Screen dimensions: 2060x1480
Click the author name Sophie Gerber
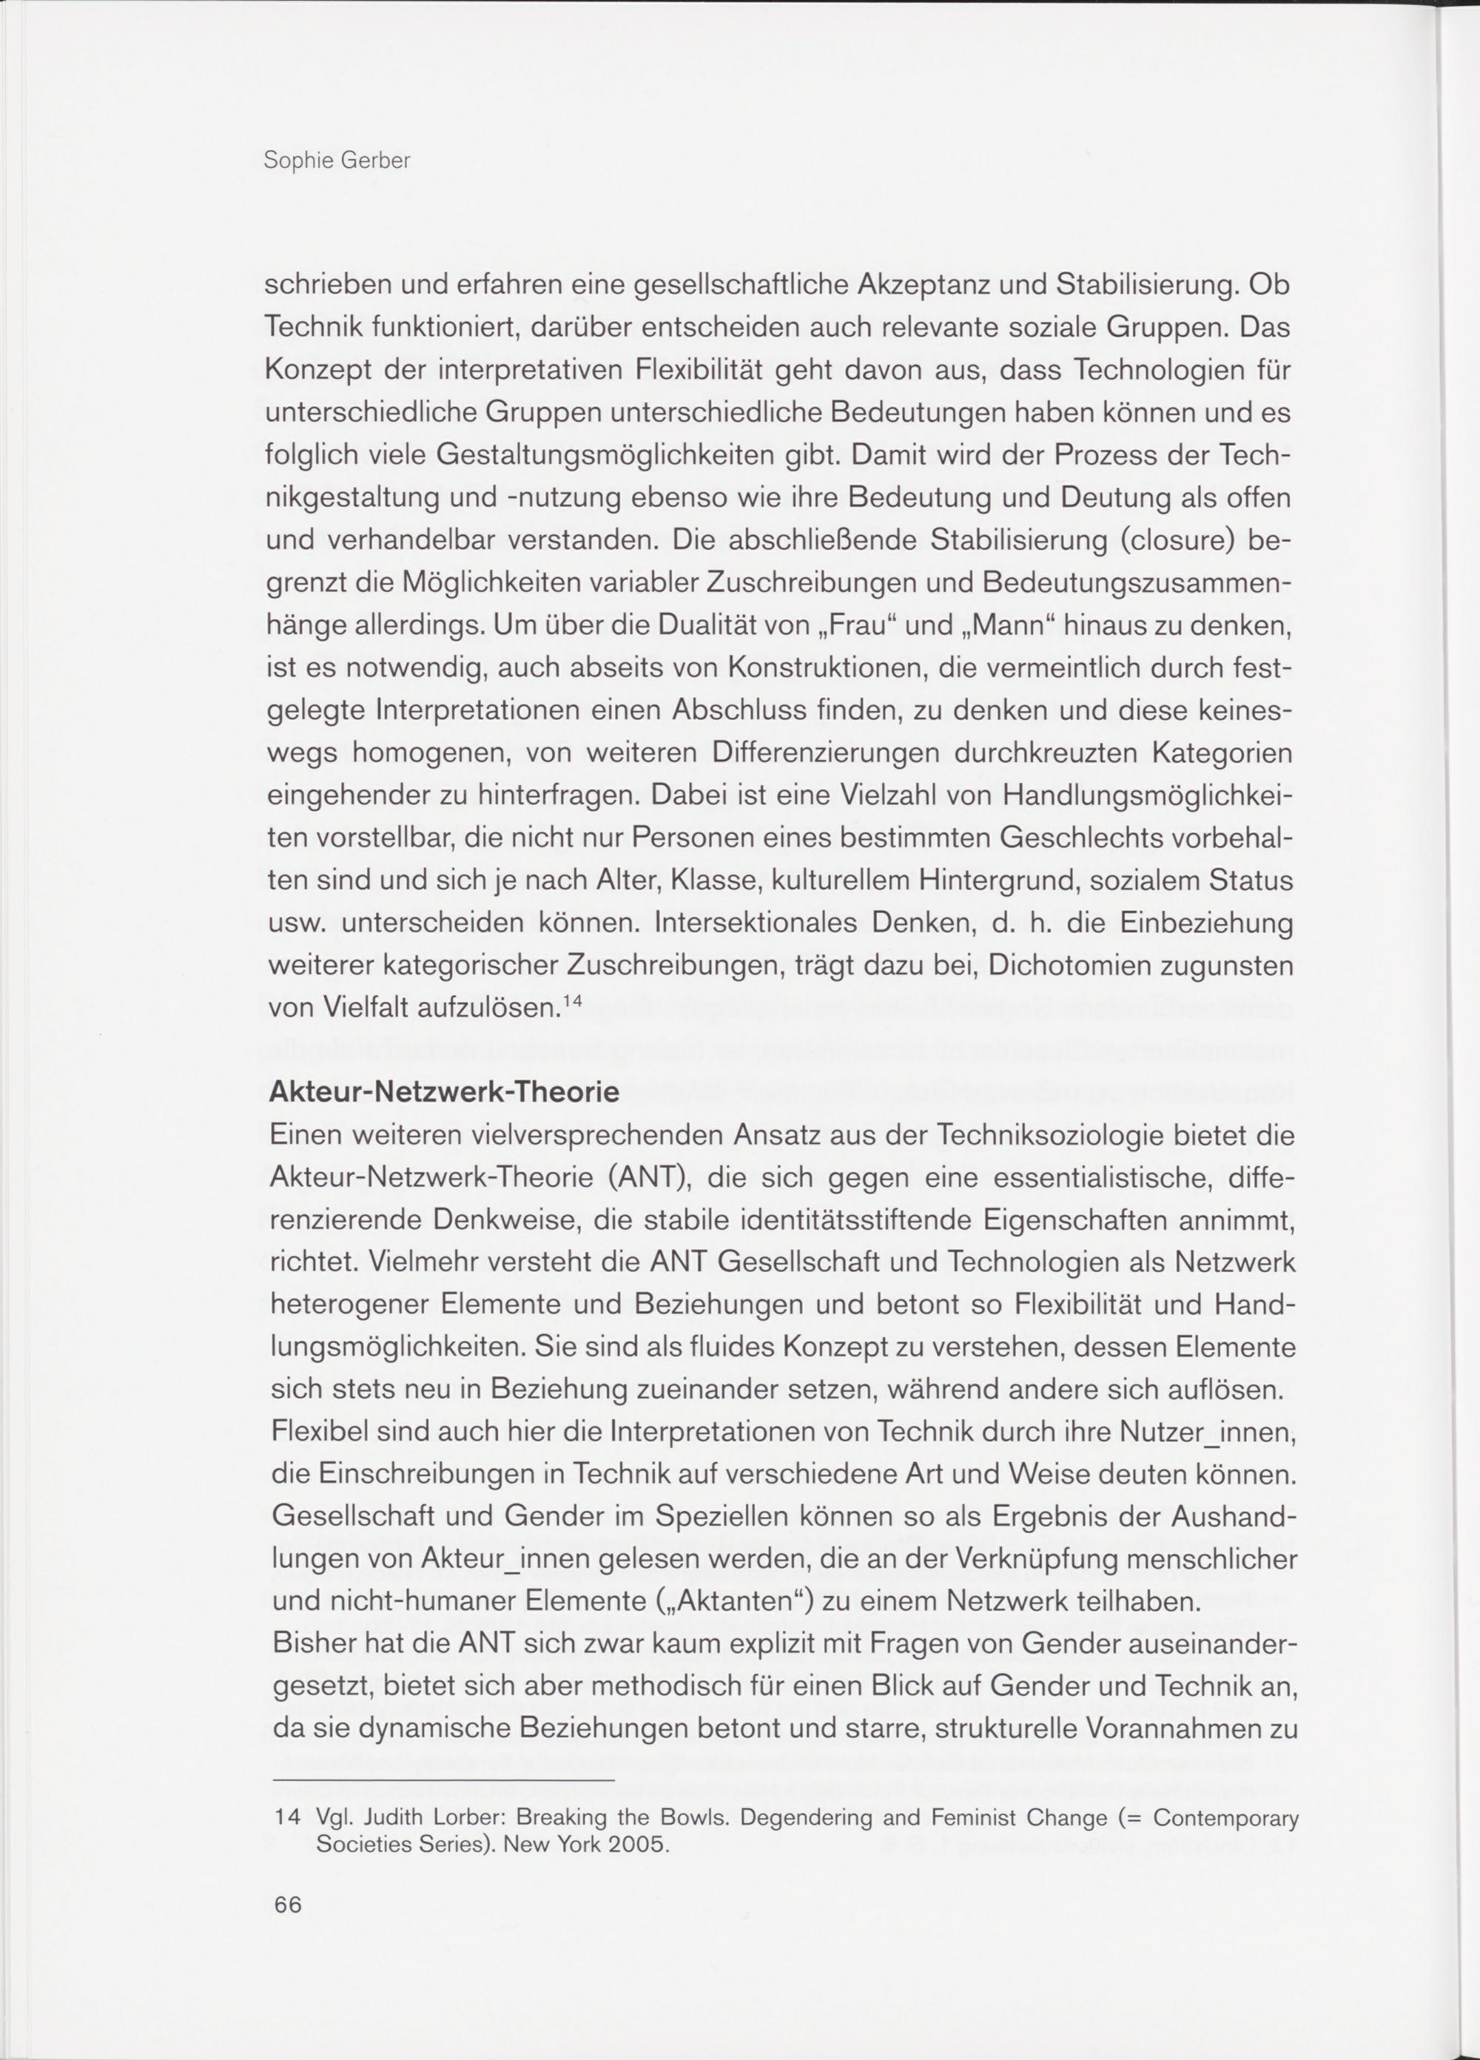pos(336,161)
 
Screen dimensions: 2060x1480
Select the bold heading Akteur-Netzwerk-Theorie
pos(444,1091)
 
